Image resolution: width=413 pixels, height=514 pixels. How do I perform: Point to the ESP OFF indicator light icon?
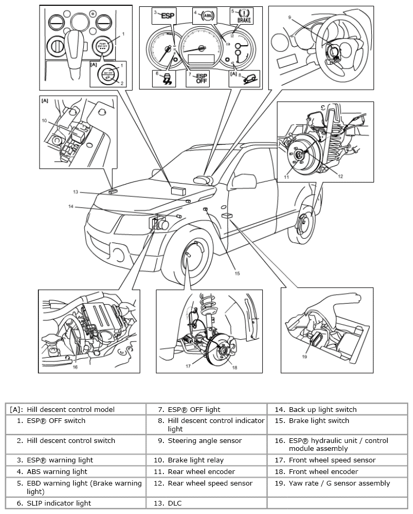(201, 79)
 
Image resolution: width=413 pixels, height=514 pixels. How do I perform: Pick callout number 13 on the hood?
(76, 192)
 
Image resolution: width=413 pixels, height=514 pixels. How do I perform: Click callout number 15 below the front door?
(237, 273)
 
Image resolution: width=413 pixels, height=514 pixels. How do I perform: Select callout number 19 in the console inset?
(305, 356)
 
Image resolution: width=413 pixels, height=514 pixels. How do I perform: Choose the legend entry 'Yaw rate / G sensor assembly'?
(339, 483)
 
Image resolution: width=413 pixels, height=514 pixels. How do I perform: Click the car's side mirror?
(205, 180)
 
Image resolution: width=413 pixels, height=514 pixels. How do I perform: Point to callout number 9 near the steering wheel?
(289, 17)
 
